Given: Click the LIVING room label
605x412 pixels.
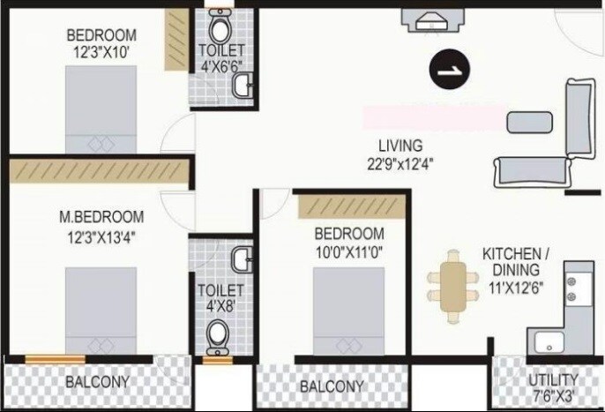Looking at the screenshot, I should coord(400,145).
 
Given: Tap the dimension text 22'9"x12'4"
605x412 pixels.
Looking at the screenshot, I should coord(400,162).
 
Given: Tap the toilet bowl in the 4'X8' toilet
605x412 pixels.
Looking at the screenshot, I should coord(216,335).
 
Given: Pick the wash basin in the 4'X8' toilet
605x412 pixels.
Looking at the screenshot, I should coord(242,258).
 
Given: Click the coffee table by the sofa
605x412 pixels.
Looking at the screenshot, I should coord(528,122).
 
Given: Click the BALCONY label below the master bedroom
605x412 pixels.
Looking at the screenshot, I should coord(98,382).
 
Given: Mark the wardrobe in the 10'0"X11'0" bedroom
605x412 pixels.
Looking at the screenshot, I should coord(351,206).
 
